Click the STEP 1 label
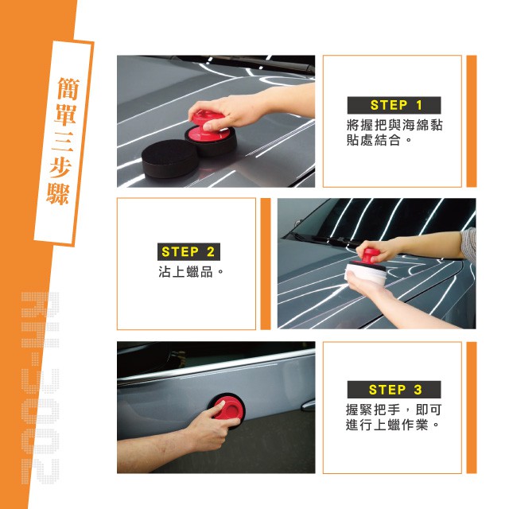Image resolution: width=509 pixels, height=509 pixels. pyautogui.click(x=394, y=105)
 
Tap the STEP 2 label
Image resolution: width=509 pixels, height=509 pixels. pyautogui.click(x=188, y=251)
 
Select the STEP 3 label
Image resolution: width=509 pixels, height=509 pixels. pyautogui.click(x=394, y=389)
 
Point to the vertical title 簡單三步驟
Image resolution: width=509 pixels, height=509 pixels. pyautogui.click(x=64, y=142)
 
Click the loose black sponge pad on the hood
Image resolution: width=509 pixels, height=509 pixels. pyautogui.click(x=169, y=158)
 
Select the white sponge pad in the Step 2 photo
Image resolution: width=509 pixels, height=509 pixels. pyautogui.click(x=365, y=274)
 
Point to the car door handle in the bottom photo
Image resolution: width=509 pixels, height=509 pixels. pyautogui.click(x=309, y=406)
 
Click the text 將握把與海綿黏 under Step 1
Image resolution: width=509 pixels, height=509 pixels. pyautogui.click(x=394, y=125)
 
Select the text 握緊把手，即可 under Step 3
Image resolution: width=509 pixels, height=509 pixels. pyautogui.click(x=394, y=410)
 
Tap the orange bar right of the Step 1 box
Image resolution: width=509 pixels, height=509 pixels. pyautogui.click(x=472, y=121)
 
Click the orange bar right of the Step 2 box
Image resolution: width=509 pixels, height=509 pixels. pyautogui.click(x=266, y=264)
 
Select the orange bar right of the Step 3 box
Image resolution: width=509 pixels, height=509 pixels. pyautogui.click(x=472, y=407)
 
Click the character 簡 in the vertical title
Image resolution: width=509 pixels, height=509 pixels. pyautogui.click(x=68, y=88)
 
